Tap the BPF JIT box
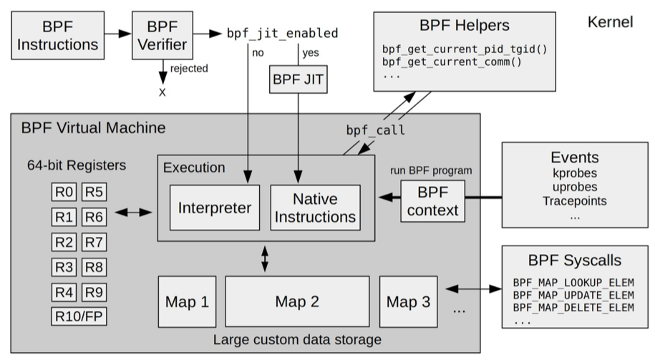tap(299, 79)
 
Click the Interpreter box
tap(215, 208)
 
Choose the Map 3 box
tap(408, 301)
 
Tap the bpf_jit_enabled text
tap(282, 34)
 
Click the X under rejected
tap(162, 92)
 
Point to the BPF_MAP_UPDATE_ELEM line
tap(574, 294)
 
